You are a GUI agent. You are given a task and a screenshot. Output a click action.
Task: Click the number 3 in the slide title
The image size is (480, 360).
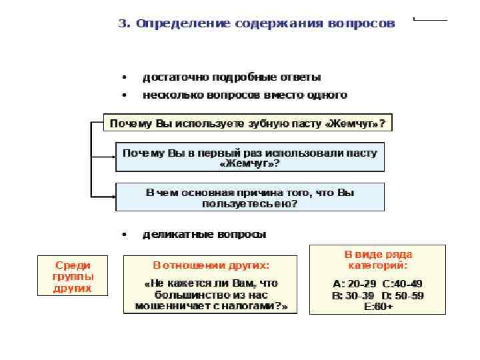(x=122, y=23)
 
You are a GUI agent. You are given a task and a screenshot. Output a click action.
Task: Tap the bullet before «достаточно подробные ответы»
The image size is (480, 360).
(x=124, y=77)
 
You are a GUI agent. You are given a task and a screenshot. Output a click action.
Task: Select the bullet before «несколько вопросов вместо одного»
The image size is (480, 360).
(x=124, y=95)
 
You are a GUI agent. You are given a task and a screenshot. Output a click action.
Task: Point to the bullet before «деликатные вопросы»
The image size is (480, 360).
(x=124, y=235)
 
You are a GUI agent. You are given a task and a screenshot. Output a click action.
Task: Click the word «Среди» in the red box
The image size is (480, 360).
(x=73, y=265)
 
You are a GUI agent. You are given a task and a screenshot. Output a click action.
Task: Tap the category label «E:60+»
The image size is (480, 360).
(x=377, y=306)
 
